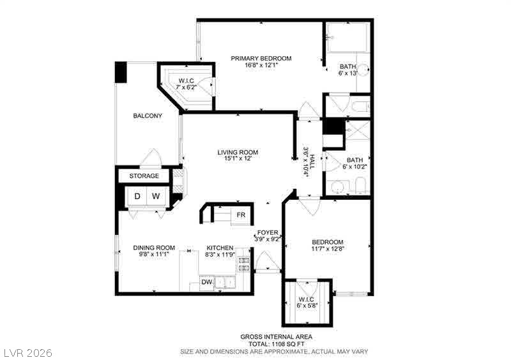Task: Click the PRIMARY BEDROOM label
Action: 261,58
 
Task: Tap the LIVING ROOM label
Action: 238,152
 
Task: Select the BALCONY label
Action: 148,116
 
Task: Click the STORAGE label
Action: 144,176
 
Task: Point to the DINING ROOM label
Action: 154,248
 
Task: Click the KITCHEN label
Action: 220,248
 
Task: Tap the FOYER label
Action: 267,232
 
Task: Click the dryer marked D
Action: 137,196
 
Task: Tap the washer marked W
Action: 156,196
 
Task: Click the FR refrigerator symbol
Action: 241,215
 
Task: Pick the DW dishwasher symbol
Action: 206,281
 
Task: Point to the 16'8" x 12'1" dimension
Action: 261,65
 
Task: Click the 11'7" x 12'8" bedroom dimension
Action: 328,249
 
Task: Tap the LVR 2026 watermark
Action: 28,352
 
